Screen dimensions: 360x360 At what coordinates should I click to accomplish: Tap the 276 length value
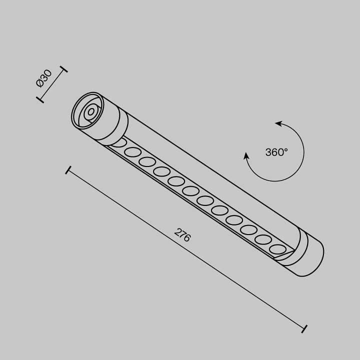tap(182, 234)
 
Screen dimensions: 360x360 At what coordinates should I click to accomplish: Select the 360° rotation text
tap(276, 152)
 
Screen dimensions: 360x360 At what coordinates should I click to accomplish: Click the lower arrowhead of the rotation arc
tap(246, 156)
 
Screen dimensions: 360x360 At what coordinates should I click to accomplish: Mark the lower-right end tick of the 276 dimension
tap(304, 328)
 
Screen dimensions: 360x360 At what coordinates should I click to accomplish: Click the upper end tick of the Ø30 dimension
tap(63, 69)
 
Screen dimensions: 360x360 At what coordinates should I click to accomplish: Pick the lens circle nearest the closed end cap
tap(276, 248)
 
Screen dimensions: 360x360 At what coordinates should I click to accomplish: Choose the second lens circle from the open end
tap(132, 152)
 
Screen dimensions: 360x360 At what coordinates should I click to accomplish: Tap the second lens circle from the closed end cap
tap(262, 238)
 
